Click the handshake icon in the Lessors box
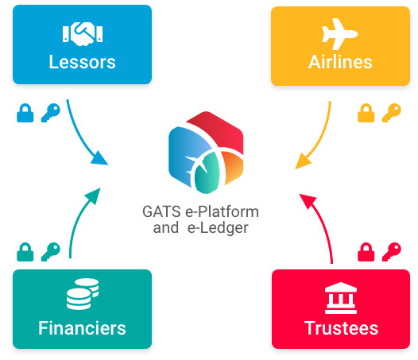83,34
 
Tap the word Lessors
82,62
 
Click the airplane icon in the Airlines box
340,34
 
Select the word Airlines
340,62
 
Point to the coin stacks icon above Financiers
83,294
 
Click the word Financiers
82,328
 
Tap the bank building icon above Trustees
341,298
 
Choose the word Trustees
341,328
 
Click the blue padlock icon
25,113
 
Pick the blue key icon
51,113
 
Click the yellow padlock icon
366,113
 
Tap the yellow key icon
392,113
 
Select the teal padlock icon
25,252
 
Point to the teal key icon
51,252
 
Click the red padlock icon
366,252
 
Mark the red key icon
392,252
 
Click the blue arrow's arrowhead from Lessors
100,158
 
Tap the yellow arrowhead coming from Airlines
303,162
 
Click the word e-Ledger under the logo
218,228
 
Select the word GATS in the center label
162,211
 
